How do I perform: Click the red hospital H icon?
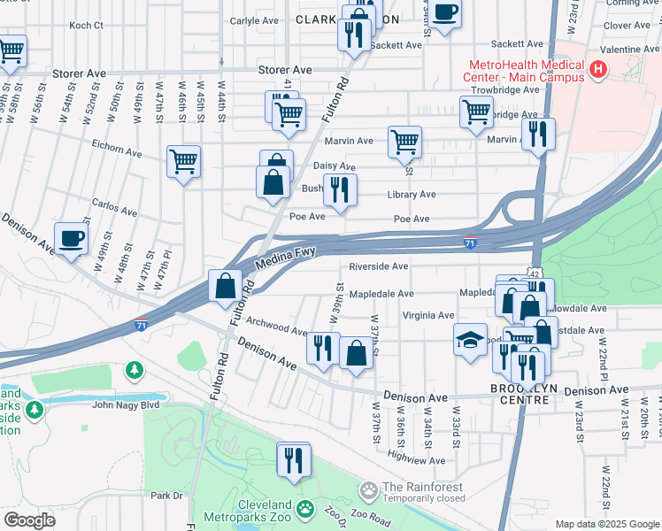click(x=599, y=68)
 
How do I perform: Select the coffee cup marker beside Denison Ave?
click(x=71, y=239)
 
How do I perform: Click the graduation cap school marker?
click(x=470, y=340)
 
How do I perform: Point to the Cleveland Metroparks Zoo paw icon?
click(x=306, y=509)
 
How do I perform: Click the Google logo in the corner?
click(x=29, y=520)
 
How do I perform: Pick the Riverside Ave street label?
click(x=378, y=265)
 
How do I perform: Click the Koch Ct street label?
click(x=86, y=26)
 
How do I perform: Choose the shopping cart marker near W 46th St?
click(x=184, y=162)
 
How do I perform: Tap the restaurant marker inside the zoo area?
click(x=293, y=460)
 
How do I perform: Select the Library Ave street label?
click(x=411, y=195)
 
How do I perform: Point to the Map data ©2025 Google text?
click(x=606, y=524)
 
